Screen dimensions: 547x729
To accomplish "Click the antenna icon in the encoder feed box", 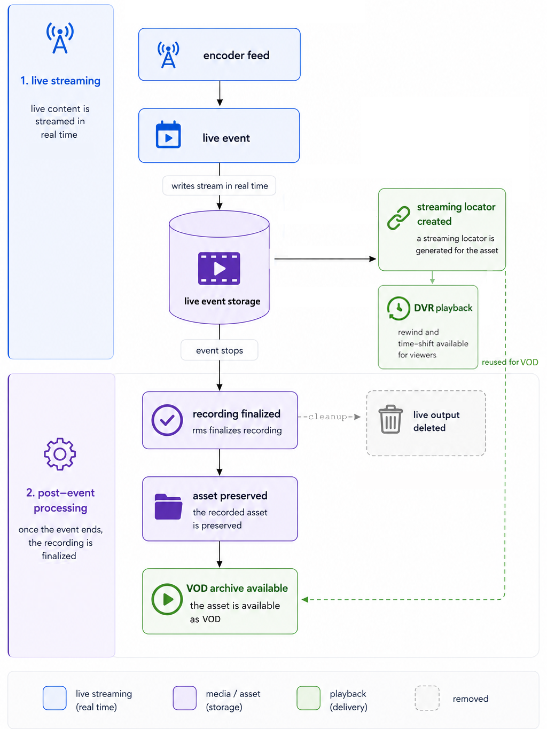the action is point(168,55).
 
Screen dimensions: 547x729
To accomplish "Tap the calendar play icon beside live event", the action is point(168,134).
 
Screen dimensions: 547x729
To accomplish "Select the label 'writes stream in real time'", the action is point(219,186).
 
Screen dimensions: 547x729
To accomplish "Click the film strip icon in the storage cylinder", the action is point(219,268).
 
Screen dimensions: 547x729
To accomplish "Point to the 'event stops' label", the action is point(219,350).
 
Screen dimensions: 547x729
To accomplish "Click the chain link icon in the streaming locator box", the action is point(398,218).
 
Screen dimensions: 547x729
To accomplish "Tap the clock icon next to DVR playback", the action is point(398,308).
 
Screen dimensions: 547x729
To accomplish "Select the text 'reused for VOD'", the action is point(510,362).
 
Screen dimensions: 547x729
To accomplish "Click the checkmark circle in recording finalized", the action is point(167,420).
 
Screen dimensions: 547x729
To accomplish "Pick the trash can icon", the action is point(390,419).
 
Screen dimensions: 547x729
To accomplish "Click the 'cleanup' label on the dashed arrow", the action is point(327,417).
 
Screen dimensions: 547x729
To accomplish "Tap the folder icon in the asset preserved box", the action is point(168,506).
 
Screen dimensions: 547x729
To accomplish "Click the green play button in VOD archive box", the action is point(167,599).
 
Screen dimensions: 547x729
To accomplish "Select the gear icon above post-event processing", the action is point(60,453).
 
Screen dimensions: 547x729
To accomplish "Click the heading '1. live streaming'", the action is point(60,81).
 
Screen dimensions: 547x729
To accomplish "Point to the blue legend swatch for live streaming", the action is point(54,698).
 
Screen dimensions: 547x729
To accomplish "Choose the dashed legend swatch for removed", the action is point(427,698).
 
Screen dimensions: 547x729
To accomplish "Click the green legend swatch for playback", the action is point(308,698).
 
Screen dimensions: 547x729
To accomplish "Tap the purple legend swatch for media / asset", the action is point(185,698).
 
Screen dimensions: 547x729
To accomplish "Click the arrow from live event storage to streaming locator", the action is point(325,258).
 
